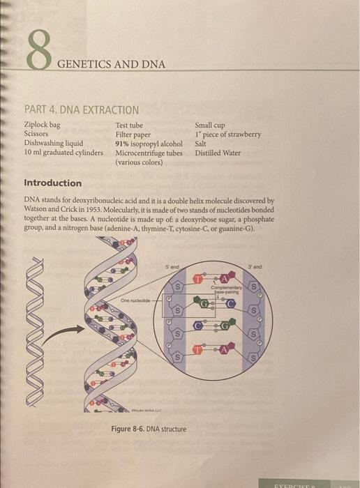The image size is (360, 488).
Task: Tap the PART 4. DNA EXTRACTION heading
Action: point(81,110)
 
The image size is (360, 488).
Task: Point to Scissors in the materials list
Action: point(36,134)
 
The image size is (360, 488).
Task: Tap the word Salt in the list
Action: point(202,144)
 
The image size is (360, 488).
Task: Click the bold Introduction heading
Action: point(52,183)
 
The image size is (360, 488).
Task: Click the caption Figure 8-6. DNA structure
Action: point(149,429)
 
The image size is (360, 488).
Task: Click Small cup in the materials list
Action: point(210,125)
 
